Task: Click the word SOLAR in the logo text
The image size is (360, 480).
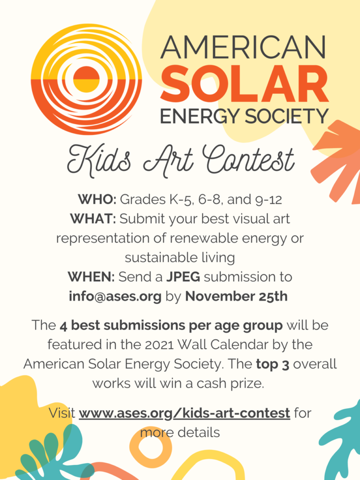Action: (245, 83)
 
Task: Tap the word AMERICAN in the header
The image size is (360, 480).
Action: (243, 47)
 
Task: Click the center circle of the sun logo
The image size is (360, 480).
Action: (87, 79)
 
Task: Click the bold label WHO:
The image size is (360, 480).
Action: (97, 199)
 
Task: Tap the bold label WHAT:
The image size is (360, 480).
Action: (93, 218)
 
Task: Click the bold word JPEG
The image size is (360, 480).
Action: (183, 277)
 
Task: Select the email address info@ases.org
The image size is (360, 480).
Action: (115, 297)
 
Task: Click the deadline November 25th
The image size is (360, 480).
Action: (236, 296)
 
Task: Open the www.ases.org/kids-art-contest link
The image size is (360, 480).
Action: (185, 413)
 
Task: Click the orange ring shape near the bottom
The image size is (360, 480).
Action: (150, 446)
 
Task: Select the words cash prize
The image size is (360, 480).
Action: (230, 383)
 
